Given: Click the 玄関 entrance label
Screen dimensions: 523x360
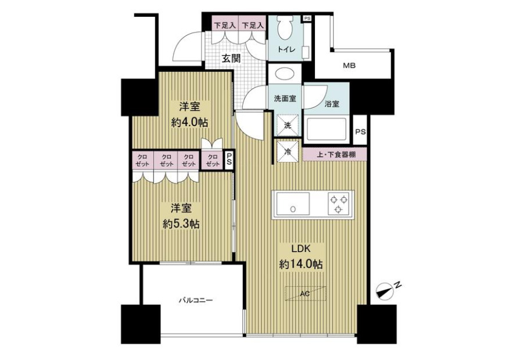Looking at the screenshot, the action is pyautogui.click(x=231, y=59).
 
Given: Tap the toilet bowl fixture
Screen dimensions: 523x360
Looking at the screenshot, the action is pyautogui.click(x=285, y=28).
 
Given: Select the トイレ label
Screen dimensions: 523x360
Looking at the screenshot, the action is pyautogui.click(x=286, y=50).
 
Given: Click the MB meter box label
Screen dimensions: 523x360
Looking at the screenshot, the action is pyautogui.click(x=350, y=66).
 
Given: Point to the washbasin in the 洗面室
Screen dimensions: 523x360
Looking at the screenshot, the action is pyautogui.click(x=285, y=73).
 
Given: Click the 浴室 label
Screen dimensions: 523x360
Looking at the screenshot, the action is pyautogui.click(x=332, y=104).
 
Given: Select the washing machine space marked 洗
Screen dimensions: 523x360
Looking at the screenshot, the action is pyautogui.click(x=287, y=125).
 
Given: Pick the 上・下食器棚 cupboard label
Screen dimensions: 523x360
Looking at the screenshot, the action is pyautogui.click(x=335, y=154).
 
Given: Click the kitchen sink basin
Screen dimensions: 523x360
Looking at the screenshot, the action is pyautogui.click(x=293, y=204).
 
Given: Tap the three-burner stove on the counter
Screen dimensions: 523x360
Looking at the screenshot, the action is pyautogui.click(x=339, y=204).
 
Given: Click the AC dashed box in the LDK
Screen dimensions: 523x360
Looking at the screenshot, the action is pyautogui.click(x=306, y=293).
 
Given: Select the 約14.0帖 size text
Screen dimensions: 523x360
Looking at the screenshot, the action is pyautogui.click(x=301, y=264).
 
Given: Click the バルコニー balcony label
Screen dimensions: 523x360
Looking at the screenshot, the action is pyautogui.click(x=195, y=300).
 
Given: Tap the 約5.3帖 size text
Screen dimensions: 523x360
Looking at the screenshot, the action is pyautogui.click(x=181, y=224).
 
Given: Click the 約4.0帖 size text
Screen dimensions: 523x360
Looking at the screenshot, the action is pyautogui.click(x=189, y=123).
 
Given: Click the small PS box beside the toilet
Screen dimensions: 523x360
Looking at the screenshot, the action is pyautogui.click(x=307, y=19).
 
